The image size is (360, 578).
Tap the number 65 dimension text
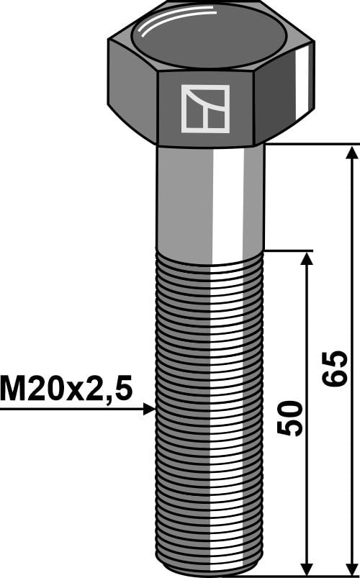coord(335,369)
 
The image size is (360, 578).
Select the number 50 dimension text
coord(290,418)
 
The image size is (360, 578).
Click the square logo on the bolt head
coord(205,109)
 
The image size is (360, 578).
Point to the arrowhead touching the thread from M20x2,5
coord(149,409)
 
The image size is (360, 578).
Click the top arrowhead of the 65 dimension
coord(351,153)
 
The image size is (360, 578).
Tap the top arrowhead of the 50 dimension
coord(307,259)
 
